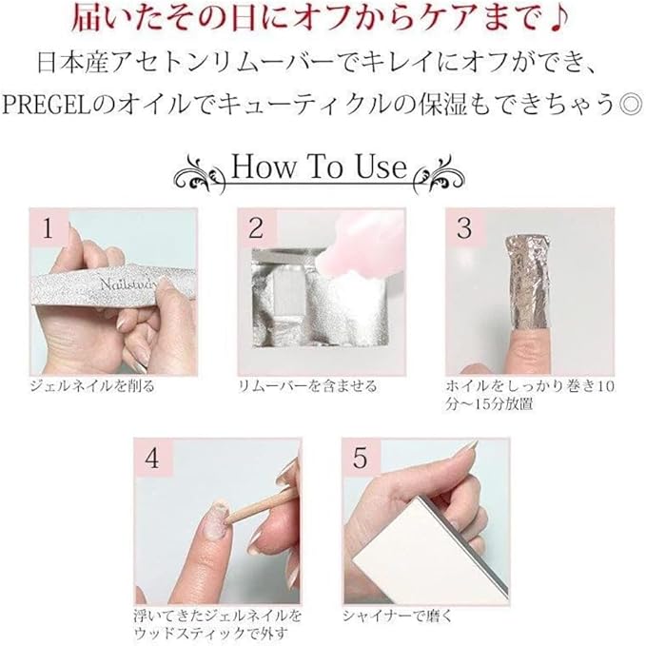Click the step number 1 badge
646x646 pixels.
point(49,227)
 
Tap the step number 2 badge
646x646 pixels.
point(256,227)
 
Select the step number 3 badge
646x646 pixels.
point(464,227)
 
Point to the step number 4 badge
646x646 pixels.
point(152,458)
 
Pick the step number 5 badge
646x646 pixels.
point(361,458)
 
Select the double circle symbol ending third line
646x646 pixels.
point(631,106)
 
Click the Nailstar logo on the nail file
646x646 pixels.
point(128,284)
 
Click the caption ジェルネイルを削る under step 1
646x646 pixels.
point(92,386)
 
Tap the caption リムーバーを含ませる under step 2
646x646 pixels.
point(308,386)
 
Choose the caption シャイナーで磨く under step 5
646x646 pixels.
point(397,617)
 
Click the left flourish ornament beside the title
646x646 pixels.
point(201,174)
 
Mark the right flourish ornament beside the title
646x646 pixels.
point(440,174)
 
